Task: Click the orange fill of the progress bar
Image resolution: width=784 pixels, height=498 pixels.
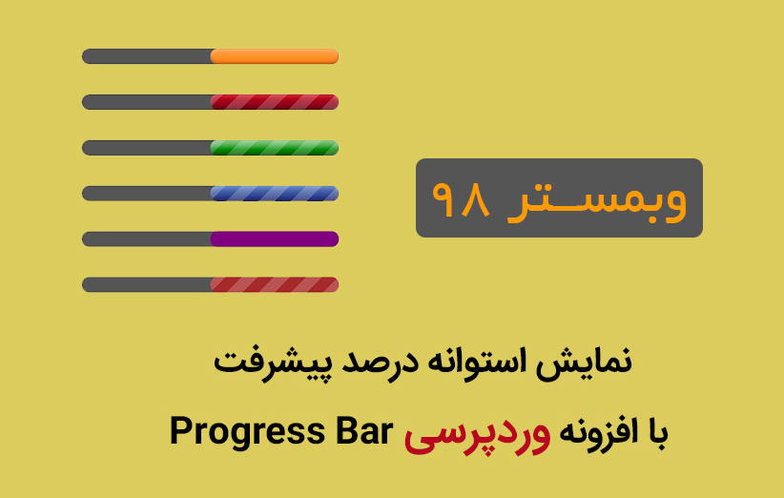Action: point(275,56)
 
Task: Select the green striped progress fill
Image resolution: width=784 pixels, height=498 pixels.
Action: point(275,148)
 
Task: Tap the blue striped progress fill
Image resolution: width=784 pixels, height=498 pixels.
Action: point(275,194)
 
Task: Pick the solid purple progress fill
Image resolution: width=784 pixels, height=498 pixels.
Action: point(275,239)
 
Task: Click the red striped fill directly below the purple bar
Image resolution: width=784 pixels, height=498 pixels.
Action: point(275,284)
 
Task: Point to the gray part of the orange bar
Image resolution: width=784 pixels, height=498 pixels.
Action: point(146,56)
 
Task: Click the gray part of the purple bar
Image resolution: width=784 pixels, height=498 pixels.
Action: point(146,239)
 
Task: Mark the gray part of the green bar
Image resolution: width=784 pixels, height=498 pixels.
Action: point(146,148)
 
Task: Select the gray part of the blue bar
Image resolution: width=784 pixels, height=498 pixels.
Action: point(146,194)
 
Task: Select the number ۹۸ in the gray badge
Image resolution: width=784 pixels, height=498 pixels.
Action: point(462,199)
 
